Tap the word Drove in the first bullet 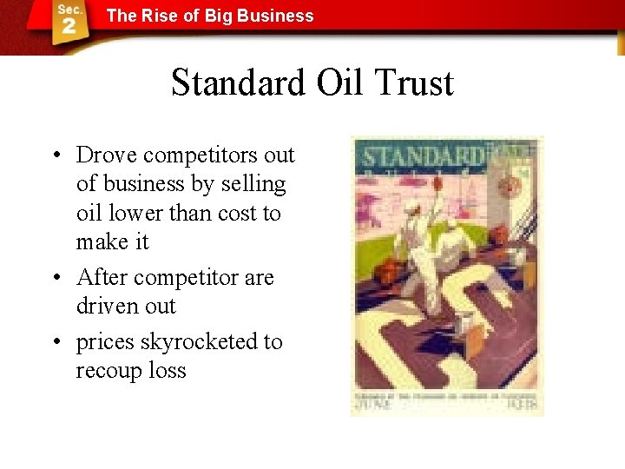coord(107,155)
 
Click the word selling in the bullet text coord(253,184)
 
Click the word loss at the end coord(167,371)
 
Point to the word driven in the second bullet coord(109,307)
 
